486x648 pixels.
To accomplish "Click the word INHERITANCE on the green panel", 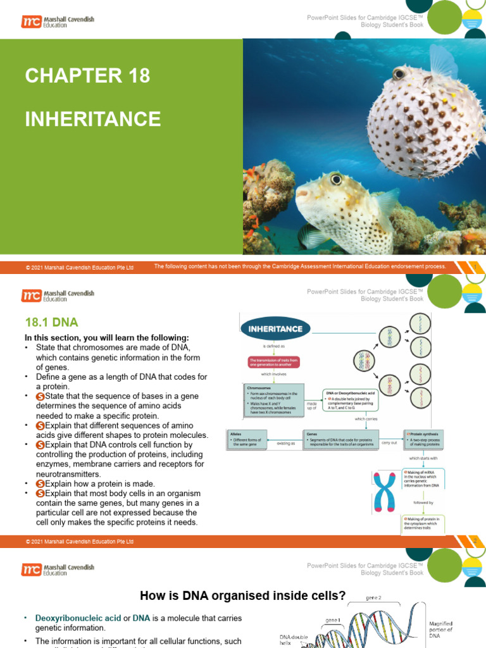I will coord(93,118).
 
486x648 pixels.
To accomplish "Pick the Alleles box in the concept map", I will coord(249,438).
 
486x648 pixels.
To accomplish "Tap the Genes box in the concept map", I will coord(340,438).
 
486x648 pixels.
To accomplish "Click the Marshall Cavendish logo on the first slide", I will coord(58,22).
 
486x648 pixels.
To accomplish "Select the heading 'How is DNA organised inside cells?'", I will coord(242,595).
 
